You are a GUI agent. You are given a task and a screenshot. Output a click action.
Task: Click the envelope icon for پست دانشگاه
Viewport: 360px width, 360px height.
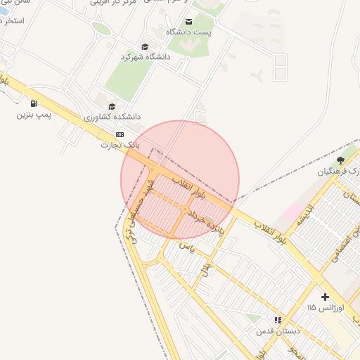point(188,22)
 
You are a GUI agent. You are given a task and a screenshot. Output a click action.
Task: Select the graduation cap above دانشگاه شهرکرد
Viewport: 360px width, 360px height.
point(145,46)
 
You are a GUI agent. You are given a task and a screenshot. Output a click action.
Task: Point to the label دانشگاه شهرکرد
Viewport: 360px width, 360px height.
point(146,56)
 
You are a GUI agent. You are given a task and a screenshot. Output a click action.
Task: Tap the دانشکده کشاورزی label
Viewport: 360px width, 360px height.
point(112,116)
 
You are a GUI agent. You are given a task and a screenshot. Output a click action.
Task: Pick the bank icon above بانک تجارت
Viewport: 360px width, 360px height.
point(120,134)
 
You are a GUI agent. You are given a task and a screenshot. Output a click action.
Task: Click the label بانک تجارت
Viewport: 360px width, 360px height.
point(119,144)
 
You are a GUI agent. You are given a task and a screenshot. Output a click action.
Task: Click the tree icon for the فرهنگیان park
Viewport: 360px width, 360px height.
point(341,160)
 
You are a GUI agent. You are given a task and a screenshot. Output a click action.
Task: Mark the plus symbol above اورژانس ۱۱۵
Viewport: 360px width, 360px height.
point(325,297)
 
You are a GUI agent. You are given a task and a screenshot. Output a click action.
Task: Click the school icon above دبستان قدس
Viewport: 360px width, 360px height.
point(278,319)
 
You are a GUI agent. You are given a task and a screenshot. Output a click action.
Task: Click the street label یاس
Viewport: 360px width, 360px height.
point(186,246)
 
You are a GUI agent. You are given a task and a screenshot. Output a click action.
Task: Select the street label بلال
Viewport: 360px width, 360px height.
point(206,268)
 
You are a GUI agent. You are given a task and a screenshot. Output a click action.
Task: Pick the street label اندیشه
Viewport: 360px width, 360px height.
point(304,221)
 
